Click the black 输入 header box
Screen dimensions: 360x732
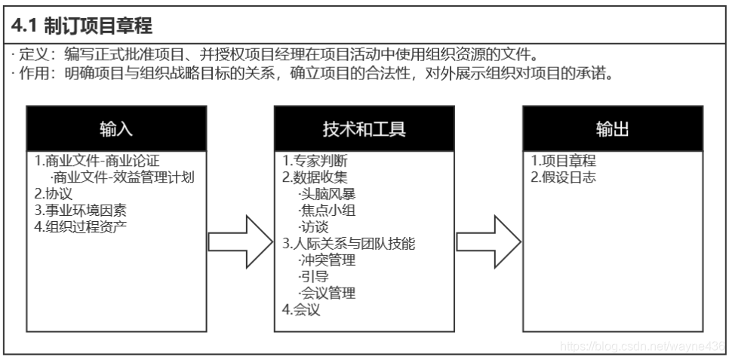point(116,129)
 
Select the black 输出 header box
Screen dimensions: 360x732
point(613,129)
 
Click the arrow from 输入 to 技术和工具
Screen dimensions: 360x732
point(240,242)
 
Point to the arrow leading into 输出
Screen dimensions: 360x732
point(488,242)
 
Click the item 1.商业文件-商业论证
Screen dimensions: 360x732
point(97,162)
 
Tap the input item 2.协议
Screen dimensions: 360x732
point(52,194)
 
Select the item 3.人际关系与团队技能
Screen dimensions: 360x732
point(349,244)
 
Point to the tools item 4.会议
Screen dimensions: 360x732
point(301,309)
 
